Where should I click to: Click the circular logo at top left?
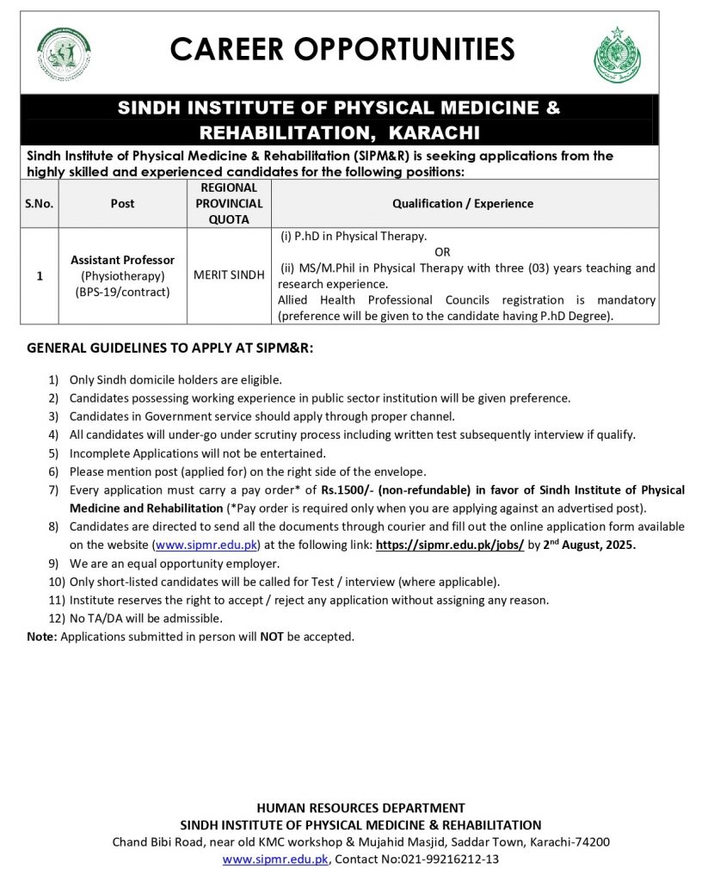pos(64,54)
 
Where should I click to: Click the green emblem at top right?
pos(617,54)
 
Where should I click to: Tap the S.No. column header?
pos(39,204)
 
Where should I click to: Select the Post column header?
pos(123,204)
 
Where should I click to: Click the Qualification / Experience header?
pos(463,204)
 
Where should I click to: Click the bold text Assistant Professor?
pos(123,260)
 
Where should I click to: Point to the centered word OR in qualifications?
pos(442,251)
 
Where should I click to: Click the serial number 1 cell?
pos(39,276)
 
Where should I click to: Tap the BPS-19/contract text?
pos(123,293)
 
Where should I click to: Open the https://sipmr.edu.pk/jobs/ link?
pos(450,545)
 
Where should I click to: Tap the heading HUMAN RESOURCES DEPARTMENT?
pos(360,808)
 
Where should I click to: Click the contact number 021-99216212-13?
pos(444,859)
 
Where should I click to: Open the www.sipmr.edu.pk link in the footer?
pos(275,859)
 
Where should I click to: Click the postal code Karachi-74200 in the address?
pos(573,842)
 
